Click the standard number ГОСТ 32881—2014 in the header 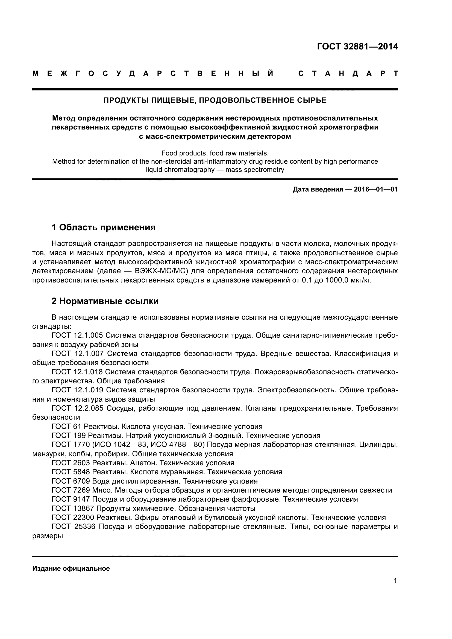357,46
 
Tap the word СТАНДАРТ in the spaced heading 348,74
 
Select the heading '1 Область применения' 103,227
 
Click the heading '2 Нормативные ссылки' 105,301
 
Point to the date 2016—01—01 376,190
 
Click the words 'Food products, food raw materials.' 215,153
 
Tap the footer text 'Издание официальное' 71,569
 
